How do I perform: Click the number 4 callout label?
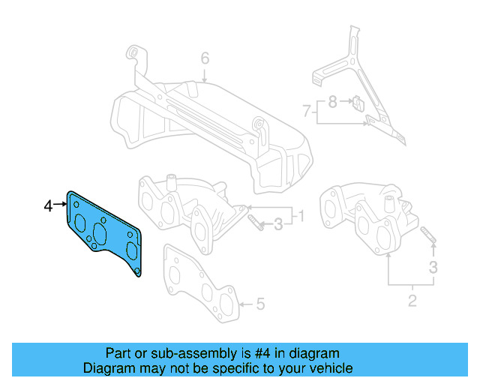(x=48, y=205)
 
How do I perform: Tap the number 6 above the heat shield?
(x=204, y=58)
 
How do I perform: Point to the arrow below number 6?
(x=204, y=75)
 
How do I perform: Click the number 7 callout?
(x=307, y=111)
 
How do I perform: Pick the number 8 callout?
(x=332, y=100)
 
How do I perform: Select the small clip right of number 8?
(x=358, y=103)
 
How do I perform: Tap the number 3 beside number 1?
(x=278, y=223)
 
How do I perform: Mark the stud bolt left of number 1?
(x=256, y=223)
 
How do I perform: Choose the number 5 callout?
(x=259, y=304)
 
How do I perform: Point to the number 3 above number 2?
(x=432, y=266)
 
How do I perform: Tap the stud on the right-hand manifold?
(x=428, y=234)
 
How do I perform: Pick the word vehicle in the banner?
(x=328, y=368)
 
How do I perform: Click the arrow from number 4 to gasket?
(x=61, y=204)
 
